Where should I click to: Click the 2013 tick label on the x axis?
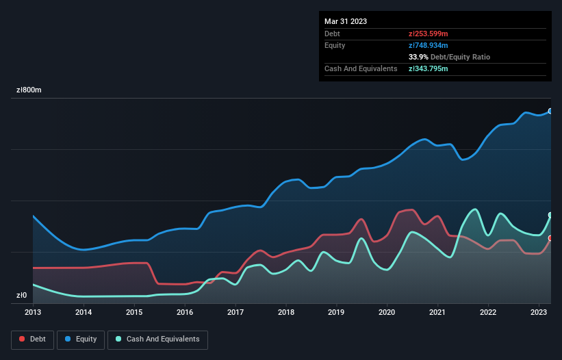[x=33, y=312]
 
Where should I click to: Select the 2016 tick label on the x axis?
[x=185, y=312]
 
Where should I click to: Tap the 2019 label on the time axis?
[x=336, y=312]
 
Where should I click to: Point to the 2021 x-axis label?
[x=437, y=312]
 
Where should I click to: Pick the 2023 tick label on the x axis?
[x=539, y=312]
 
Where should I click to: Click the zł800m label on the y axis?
[x=29, y=90]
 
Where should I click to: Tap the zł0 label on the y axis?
[x=22, y=296]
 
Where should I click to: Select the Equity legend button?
[x=81, y=339]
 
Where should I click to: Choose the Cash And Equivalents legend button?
[x=157, y=339]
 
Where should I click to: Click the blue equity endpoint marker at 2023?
[x=550, y=111]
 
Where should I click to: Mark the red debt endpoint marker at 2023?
[x=550, y=238]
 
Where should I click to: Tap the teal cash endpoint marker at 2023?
[x=550, y=215]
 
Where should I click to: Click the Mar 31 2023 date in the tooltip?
[x=346, y=21]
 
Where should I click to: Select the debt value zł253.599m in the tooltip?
[x=428, y=34]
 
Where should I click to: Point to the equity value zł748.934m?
[x=429, y=45]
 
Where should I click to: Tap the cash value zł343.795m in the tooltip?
[x=429, y=68]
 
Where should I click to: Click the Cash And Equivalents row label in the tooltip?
[x=361, y=68]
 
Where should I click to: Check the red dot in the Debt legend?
[x=23, y=339]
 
